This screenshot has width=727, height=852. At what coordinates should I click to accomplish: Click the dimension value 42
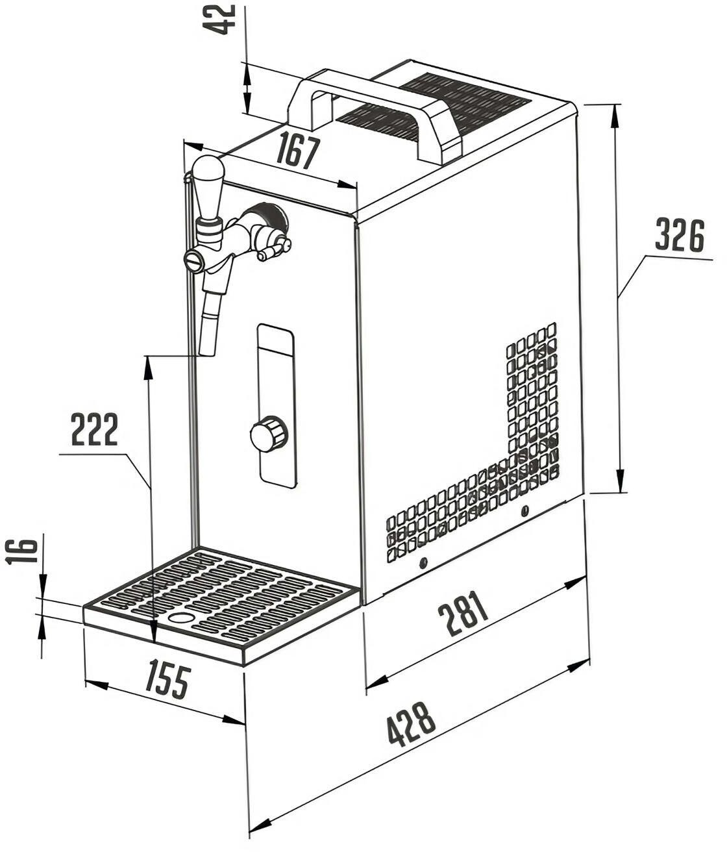(219, 19)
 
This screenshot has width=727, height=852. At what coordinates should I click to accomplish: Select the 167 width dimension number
(298, 151)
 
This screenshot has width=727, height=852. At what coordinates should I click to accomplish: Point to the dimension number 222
(94, 429)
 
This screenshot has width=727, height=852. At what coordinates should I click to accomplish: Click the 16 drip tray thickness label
(21, 551)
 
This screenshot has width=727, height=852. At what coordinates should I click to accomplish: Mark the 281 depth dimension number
(462, 613)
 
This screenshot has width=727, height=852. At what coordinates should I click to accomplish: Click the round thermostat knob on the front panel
(269, 434)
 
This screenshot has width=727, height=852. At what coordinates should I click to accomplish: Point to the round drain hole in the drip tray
(181, 618)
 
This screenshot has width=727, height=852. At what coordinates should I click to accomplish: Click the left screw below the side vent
(423, 562)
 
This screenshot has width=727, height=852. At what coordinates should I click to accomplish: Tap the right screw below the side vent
(524, 512)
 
